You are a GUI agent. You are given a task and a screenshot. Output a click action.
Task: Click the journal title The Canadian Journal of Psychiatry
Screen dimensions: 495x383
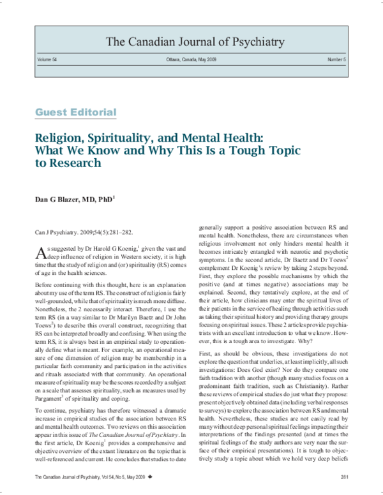click(x=191, y=43)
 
